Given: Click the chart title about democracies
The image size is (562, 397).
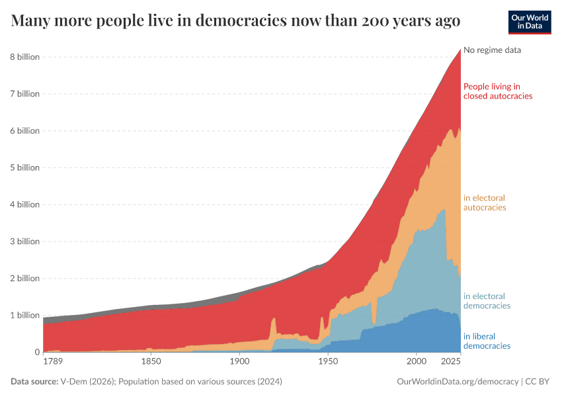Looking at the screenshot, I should [236, 21].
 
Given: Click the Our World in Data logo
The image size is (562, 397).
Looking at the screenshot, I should [530, 22].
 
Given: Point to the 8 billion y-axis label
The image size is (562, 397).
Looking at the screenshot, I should [24, 57].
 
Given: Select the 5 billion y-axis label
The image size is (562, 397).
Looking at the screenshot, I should [24, 167].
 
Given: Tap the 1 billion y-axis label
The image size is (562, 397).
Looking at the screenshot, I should [24, 316].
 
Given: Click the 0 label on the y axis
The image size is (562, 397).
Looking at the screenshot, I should [37, 353].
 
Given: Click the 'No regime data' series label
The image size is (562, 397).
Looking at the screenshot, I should [493, 50].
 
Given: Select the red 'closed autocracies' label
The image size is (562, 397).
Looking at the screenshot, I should [498, 91].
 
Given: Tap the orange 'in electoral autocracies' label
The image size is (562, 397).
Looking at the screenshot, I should [485, 202].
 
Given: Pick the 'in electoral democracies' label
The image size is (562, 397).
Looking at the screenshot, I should [487, 301].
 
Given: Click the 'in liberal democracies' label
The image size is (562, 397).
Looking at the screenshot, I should [487, 341].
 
